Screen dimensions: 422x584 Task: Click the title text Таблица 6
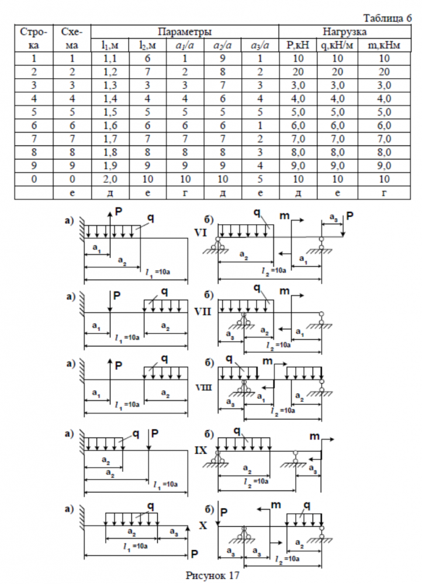[388, 18]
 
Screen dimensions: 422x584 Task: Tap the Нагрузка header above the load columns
[345, 31]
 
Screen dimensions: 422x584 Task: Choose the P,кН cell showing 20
[297, 71]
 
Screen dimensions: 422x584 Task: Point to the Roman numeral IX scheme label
[201, 451]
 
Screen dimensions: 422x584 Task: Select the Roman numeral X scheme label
[203, 525]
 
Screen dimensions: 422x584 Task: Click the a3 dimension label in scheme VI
[333, 218]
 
